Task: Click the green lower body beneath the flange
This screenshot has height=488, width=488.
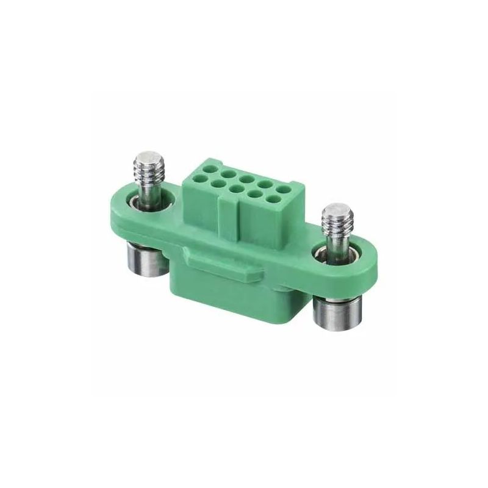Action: (x=244, y=299)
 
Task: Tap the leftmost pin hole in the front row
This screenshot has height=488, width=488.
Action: (x=198, y=180)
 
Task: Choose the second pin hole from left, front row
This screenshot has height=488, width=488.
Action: (x=217, y=184)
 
